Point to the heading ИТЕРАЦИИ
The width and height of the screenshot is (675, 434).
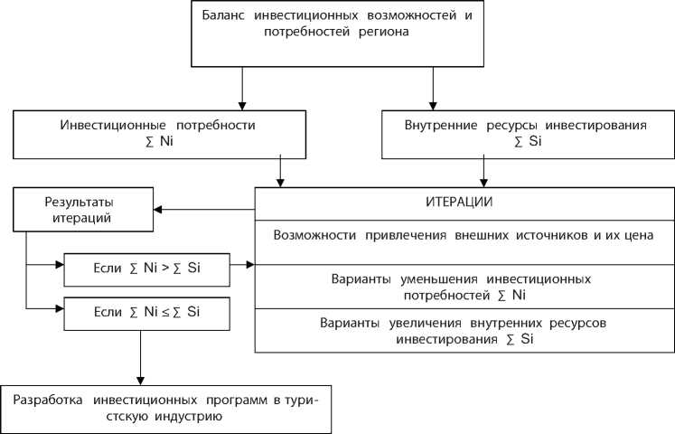pyautogui.click(x=462, y=201)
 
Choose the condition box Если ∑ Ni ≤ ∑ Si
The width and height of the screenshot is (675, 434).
pyautogui.click(x=146, y=313)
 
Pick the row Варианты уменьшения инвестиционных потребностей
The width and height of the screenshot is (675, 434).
pyautogui.click(x=462, y=285)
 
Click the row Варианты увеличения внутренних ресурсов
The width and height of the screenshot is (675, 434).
pyautogui.click(x=462, y=330)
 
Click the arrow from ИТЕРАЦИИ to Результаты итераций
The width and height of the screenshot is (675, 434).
pyautogui.click(x=203, y=211)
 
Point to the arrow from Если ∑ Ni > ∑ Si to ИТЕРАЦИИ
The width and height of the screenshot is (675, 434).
pyautogui.click(x=242, y=266)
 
